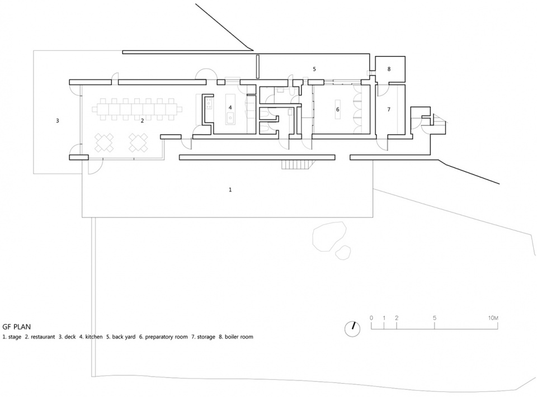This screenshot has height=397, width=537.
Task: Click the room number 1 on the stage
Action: (x=230, y=190)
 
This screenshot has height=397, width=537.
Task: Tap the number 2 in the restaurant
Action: (x=142, y=120)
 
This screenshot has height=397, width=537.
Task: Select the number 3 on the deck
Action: (x=58, y=120)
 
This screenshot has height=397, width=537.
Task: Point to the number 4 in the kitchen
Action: (x=230, y=107)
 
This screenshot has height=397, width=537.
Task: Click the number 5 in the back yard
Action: (x=314, y=69)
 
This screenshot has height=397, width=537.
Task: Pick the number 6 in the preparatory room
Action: (x=338, y=109)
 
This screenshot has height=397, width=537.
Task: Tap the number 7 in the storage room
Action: (x=389, y=109)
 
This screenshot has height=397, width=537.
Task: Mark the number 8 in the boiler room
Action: (x=389, y=69)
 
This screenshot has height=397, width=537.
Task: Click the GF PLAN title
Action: (x=16, y=327)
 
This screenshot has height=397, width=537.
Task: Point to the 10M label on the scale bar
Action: (x=493, y=318)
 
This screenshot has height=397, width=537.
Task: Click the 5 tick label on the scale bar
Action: (x=435, y=318)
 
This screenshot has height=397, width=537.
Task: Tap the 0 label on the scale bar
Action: (x=371, y=318)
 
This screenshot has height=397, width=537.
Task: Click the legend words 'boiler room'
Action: (x=239, y=337)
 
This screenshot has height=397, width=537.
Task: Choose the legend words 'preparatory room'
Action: (x=167, y=337)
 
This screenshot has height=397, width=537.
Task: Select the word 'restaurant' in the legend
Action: (x=43, y=337)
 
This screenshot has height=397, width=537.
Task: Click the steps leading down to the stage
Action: (x=296, y=164)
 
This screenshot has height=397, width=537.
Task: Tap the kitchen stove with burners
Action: (x=209, y=103)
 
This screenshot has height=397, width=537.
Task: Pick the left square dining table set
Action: (x=105, y=143)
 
